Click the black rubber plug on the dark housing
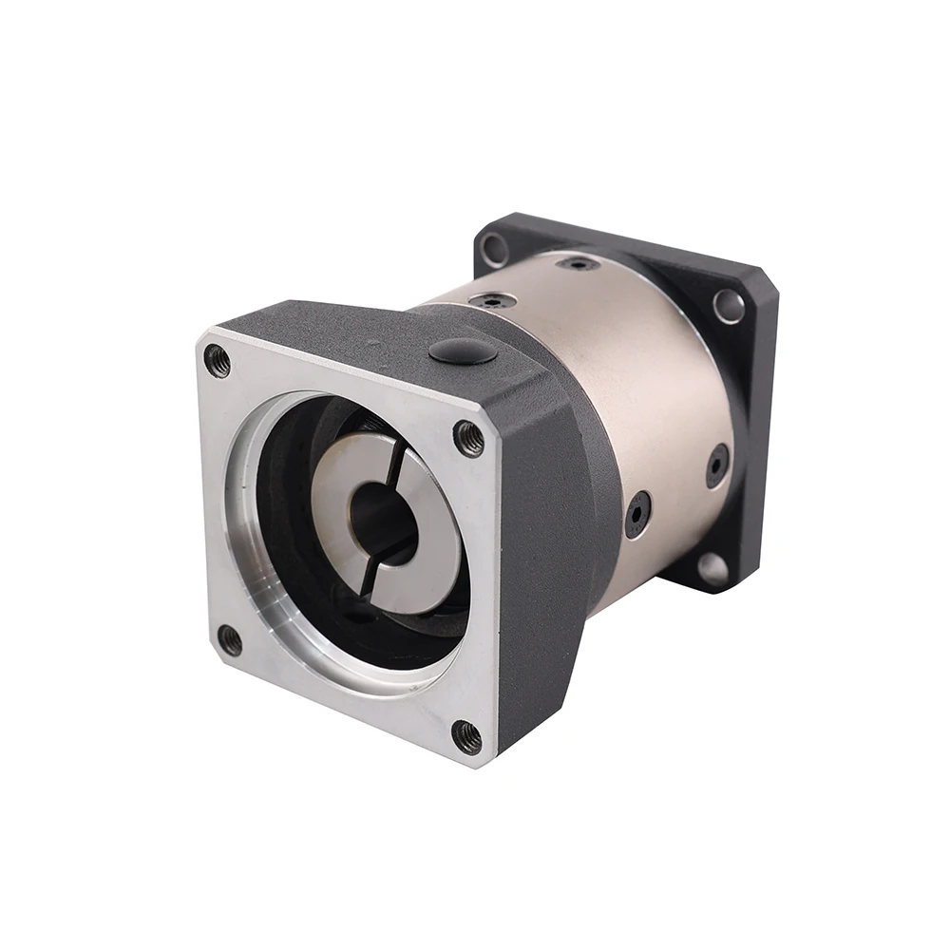point(463,351)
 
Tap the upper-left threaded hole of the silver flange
point(218,360)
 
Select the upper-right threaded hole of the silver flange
point(468,437)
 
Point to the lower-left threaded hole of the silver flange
point(230,639)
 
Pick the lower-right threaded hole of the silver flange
point(466,735)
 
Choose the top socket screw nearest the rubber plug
point(494,301)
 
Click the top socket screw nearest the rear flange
point(578,263)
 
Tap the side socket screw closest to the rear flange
point(717,465)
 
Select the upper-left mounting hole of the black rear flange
point(494,250)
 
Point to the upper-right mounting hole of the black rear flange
point(729,305)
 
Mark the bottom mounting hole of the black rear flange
point(712,569)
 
